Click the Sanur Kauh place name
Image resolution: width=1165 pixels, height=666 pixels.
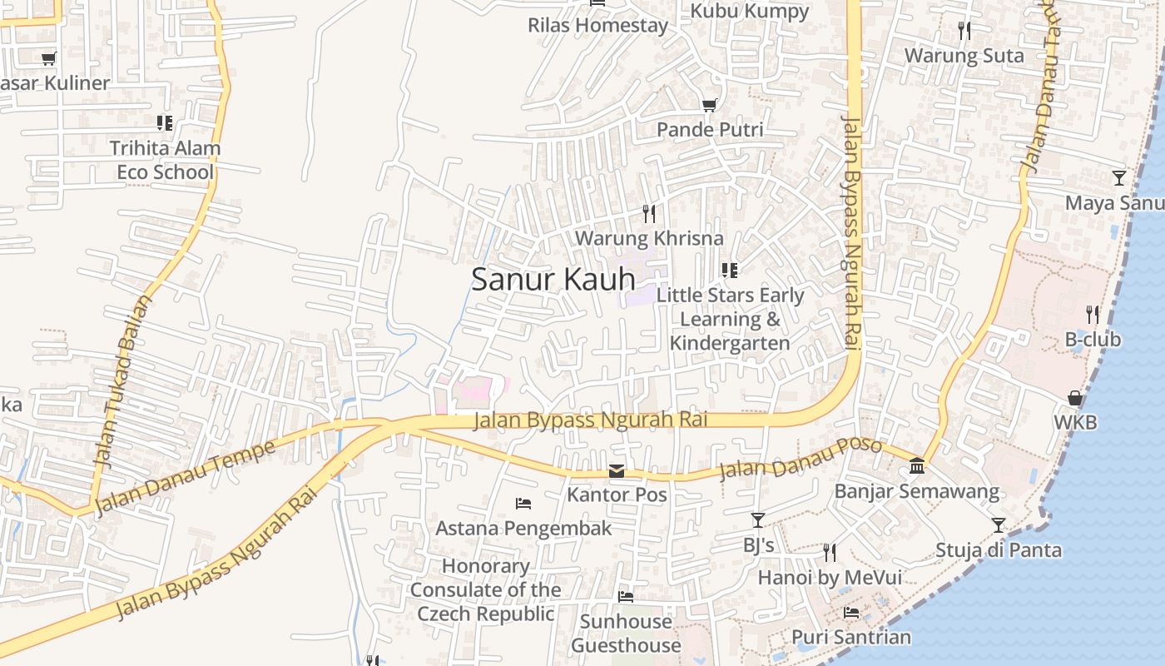point(553,279)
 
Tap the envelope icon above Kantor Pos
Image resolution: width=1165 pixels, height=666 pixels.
point(617,471)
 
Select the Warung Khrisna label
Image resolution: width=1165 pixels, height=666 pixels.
point(649,238)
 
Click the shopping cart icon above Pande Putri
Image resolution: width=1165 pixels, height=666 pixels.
point(709,105)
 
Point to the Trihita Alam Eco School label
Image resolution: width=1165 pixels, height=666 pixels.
point(165,160)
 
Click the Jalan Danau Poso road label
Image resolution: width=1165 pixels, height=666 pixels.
point(800,458)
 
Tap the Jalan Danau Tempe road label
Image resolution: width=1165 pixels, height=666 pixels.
point(185,478)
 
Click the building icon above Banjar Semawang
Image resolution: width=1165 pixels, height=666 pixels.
point(917,465)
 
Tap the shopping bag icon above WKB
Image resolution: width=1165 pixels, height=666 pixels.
point(1075,398)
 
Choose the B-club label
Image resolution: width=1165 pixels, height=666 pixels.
point(1093,340)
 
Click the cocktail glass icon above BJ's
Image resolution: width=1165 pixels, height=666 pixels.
point(758,520)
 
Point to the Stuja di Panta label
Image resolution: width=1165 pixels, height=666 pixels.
point(998,549)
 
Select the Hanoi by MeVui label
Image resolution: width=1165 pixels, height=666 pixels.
point(829,577)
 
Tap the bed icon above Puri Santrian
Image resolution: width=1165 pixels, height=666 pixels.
point(851,613)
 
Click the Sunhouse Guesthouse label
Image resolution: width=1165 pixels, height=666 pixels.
point(626,633)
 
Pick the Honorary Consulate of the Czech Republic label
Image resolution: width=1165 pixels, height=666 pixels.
point(486,589)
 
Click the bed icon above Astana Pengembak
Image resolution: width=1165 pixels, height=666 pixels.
point(523,503)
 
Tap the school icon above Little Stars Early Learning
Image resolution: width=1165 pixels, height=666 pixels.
point(730,271)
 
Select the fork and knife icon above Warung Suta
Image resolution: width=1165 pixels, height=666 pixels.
point(964,31)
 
